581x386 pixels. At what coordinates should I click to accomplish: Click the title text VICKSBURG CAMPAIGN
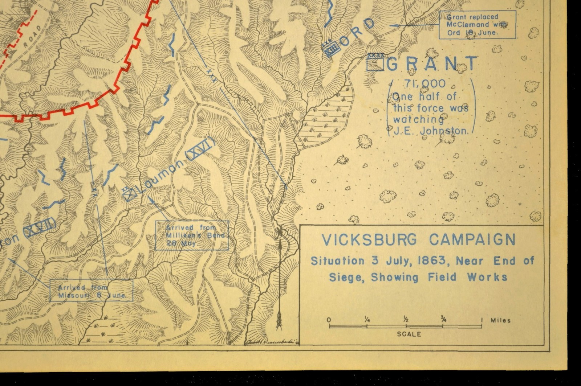pos(418,240)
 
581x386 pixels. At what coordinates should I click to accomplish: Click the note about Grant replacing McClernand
pos(477,25)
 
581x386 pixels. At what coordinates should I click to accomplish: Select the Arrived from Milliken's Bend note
pos(192,235)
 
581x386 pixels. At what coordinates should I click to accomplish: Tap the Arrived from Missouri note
pos(91,291)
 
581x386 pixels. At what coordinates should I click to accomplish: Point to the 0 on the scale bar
pos(329,320)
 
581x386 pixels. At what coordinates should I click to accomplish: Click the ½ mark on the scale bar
pos(406,320)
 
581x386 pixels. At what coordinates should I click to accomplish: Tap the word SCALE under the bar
pos(409,334)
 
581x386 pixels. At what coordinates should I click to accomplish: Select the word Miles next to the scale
pos(500,320)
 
